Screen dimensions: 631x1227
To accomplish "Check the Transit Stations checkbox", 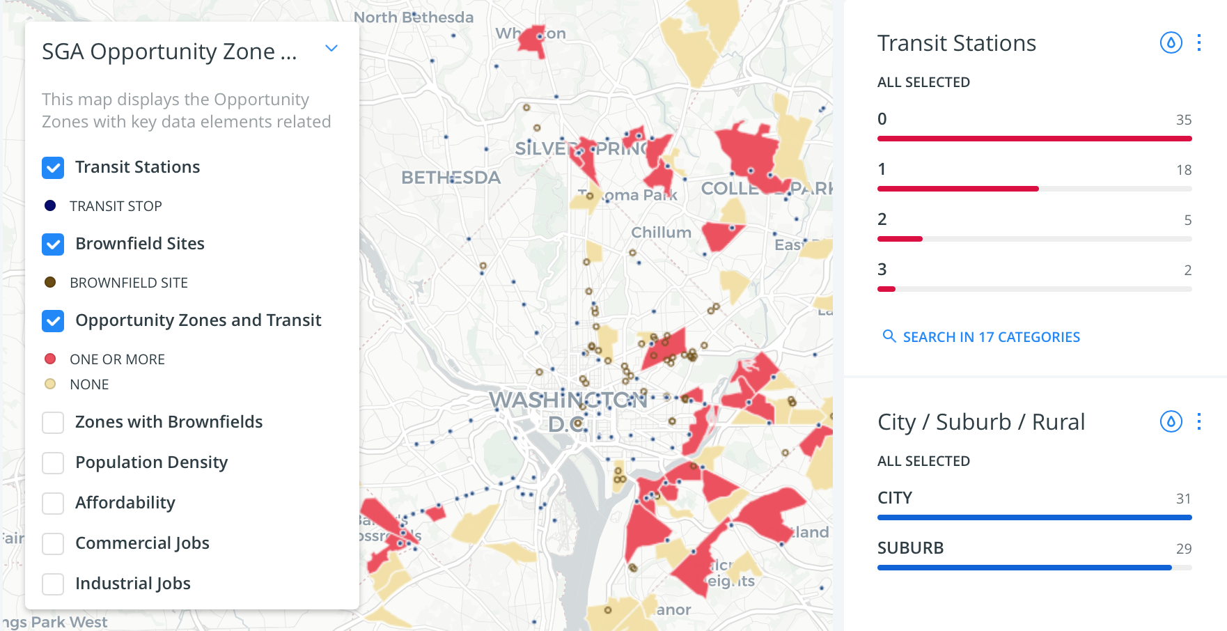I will click(53, 168).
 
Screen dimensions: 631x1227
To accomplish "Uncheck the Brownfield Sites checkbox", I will click(53, 244).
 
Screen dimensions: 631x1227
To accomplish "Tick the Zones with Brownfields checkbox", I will click(53, 423).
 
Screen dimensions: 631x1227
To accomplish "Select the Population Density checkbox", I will click(53, 463).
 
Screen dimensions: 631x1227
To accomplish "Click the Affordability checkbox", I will click(53, 504).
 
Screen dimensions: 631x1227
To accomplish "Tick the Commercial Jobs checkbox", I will click(53, 544).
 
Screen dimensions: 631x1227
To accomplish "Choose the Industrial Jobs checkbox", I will click(53, 584).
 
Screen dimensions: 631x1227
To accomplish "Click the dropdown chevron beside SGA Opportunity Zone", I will click(331, 49).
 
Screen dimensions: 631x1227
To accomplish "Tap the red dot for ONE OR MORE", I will click(50, 359).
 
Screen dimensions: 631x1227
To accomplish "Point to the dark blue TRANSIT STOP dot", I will click(50, 206).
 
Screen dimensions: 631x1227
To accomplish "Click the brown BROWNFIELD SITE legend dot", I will click(50, 283).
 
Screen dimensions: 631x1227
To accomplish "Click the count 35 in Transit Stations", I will click(1183, 120).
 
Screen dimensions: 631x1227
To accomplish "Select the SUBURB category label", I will click(910, 548).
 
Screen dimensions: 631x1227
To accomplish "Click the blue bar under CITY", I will click(1034, 517).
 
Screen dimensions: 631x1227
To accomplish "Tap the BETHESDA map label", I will click(451, 178).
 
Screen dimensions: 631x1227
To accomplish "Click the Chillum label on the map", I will click(661, 233).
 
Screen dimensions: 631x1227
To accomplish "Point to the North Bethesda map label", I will click(414, 17).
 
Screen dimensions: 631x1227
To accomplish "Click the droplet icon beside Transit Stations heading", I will click(1171, 43).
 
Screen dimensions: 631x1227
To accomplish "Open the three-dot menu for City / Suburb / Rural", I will click(1199, 422).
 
